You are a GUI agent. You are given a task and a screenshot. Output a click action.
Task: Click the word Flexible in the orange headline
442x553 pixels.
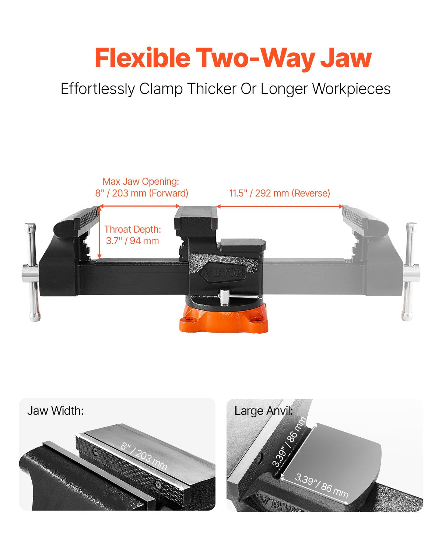point(143,58)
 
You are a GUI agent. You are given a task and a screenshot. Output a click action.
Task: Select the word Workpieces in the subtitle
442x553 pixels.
point(351,89)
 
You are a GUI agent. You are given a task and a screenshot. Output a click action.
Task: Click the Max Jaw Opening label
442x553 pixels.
point(141,181)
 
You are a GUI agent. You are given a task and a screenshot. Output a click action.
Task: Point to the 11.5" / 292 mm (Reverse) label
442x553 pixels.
point(280,193)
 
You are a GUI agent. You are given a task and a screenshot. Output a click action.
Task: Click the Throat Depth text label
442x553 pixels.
point(133,229)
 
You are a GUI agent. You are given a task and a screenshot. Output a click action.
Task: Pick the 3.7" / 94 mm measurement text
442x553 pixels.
point(133,241)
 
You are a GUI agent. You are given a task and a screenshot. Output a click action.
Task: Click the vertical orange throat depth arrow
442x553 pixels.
point(100,233)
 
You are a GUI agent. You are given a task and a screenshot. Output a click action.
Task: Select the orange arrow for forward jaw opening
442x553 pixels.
point(139,206)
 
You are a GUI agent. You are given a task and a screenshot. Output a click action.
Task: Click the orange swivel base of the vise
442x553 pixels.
point(224,318)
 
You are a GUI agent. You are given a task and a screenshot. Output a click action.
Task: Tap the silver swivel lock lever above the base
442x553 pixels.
point(239,297)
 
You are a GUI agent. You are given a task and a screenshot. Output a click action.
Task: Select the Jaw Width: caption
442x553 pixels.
point(56,411)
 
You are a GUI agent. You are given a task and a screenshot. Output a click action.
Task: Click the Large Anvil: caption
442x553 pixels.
point(263,411)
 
